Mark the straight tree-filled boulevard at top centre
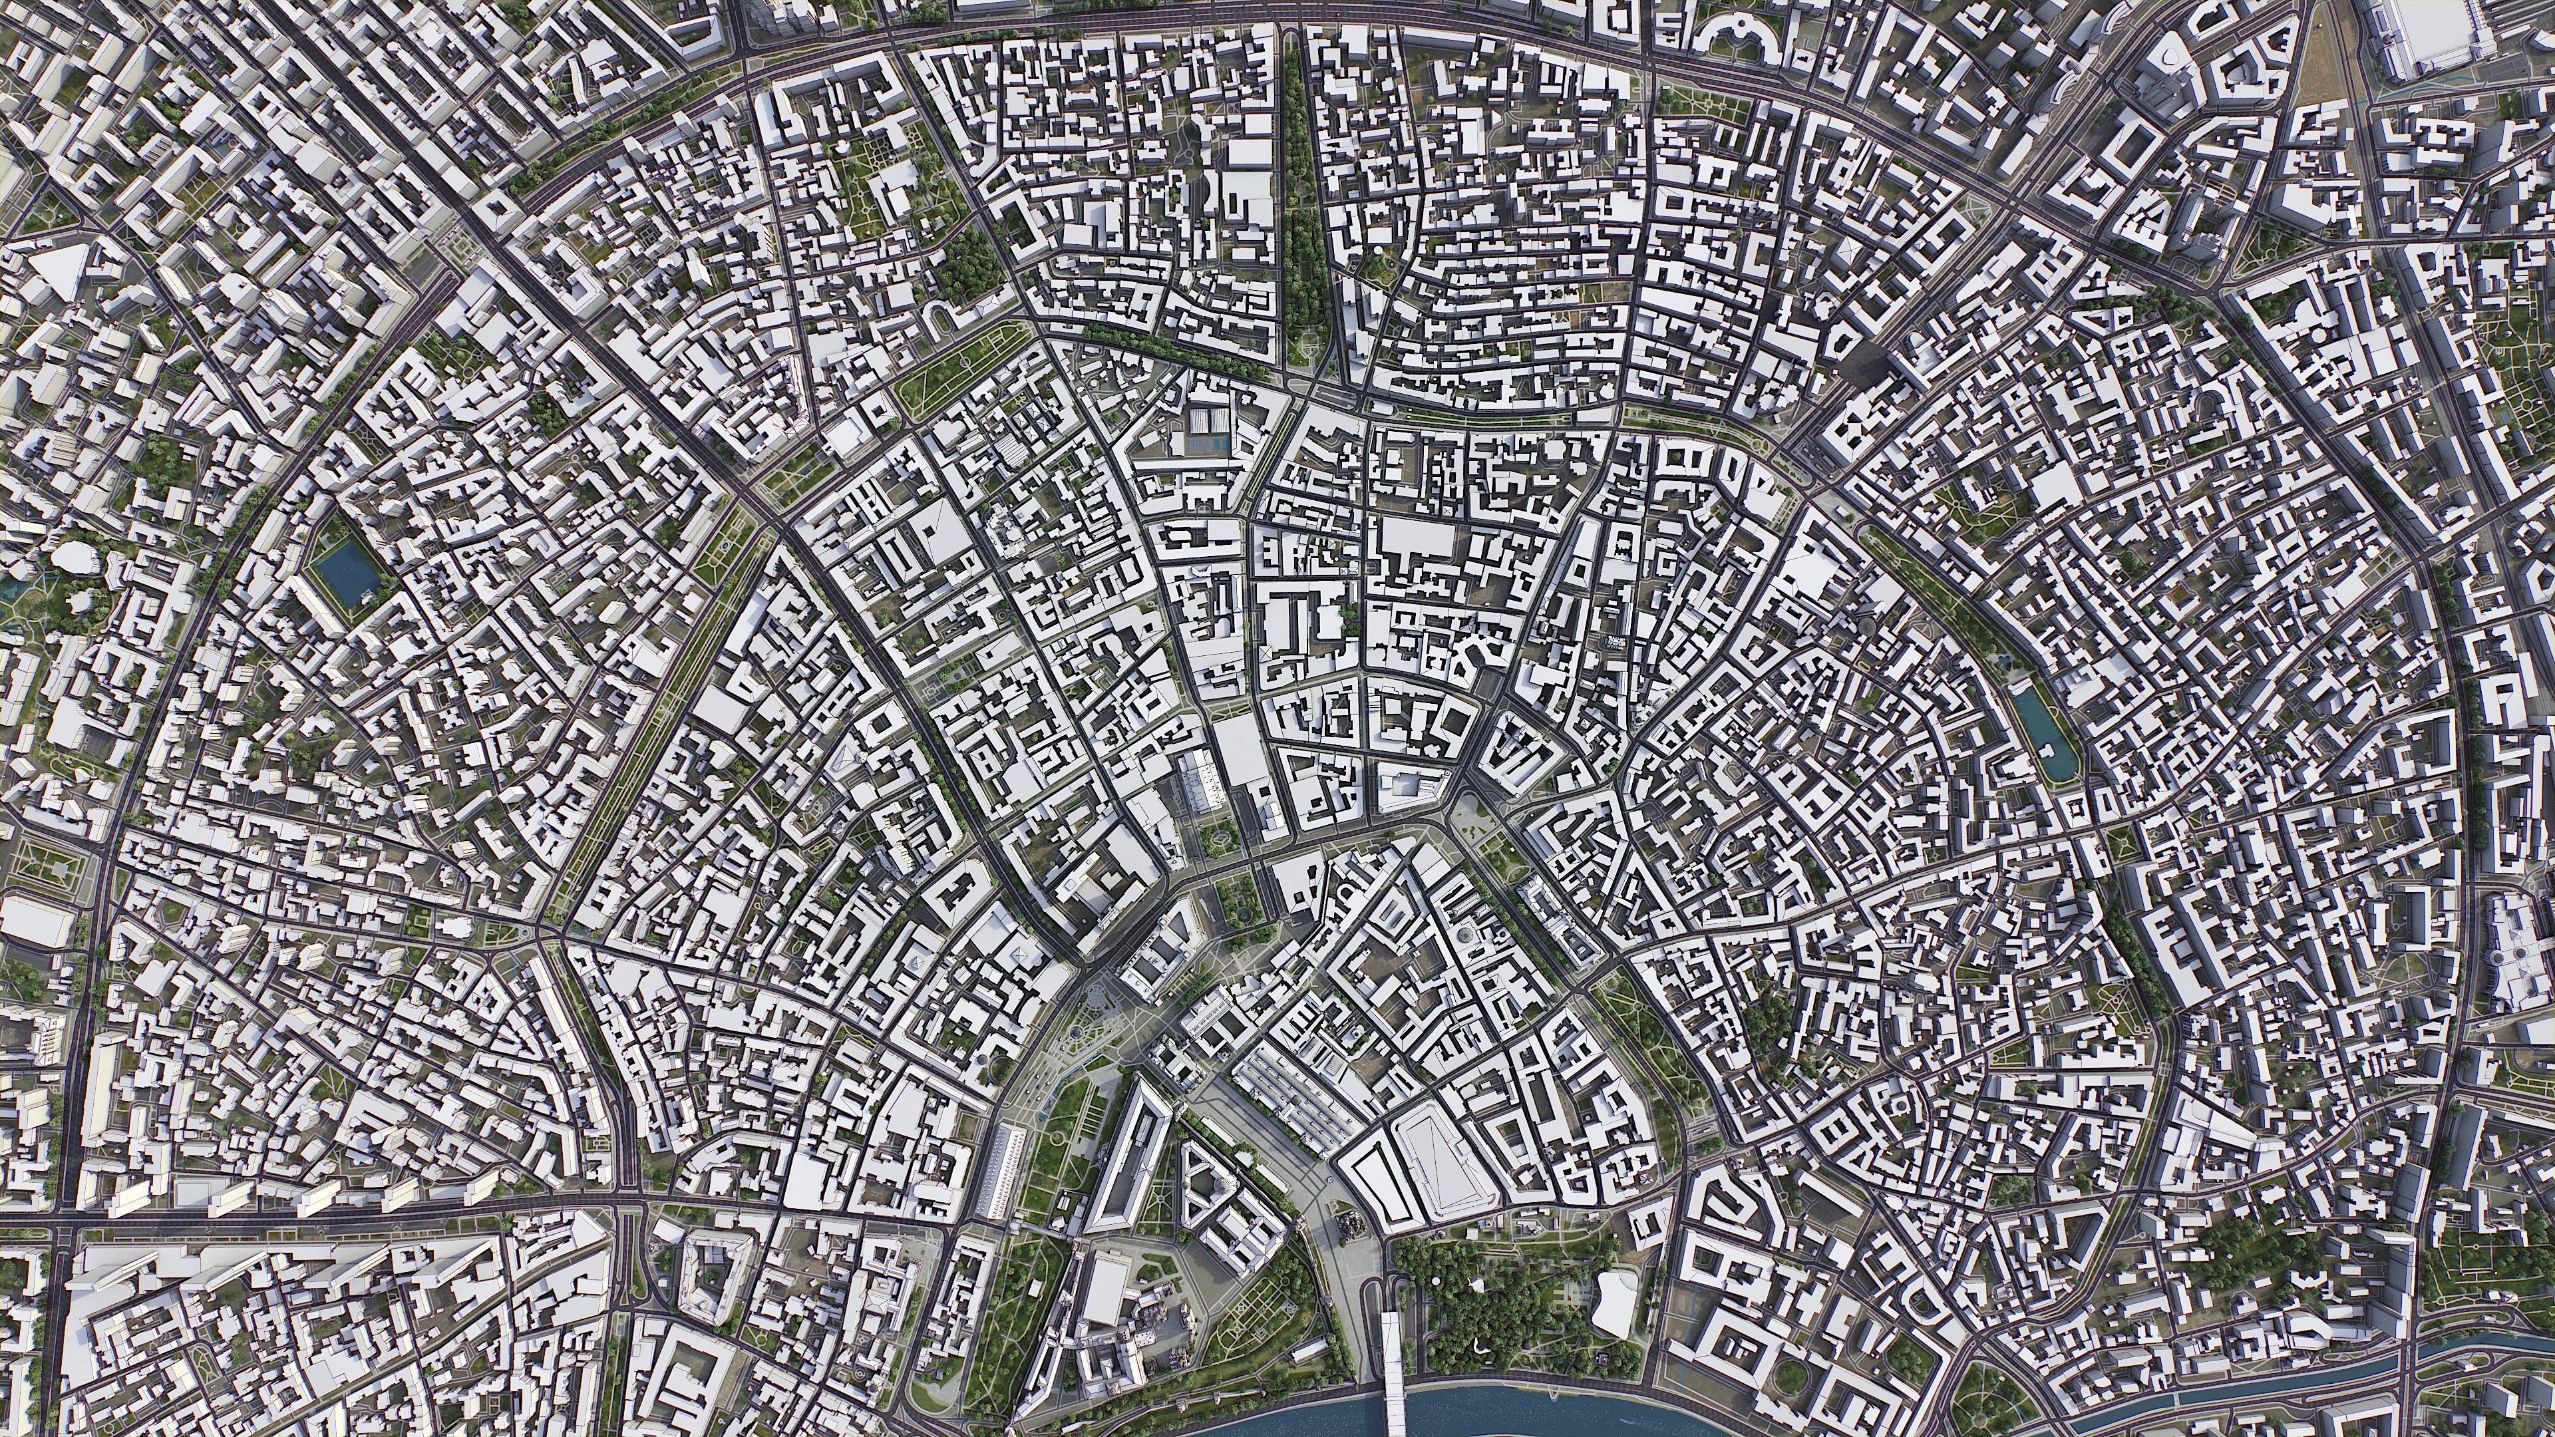(x=1307, y=198)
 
